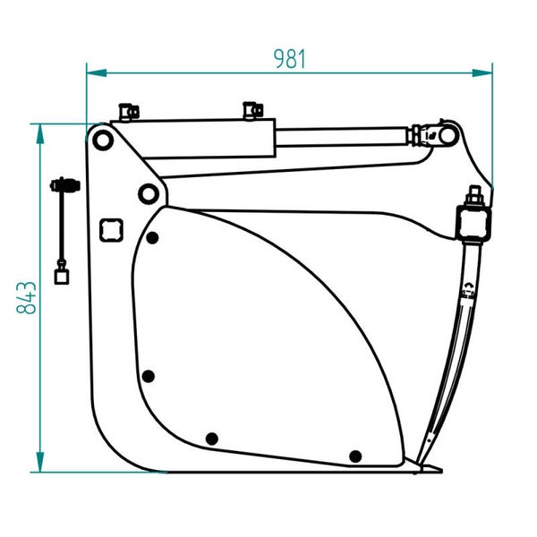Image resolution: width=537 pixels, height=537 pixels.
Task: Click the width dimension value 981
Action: point(290,59)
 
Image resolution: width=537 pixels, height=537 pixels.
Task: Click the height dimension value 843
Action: point(27,297)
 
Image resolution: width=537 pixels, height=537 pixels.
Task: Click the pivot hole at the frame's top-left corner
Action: point(102,140)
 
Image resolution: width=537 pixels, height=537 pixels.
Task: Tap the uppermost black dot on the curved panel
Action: point(153,238)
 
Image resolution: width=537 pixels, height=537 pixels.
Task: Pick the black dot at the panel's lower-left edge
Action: point(149,375)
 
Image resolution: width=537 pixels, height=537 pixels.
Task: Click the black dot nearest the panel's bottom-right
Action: point(355,456)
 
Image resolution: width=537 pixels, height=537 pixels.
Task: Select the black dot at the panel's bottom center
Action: point(212,438)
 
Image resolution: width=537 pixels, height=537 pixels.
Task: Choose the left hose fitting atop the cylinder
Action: point(128,112)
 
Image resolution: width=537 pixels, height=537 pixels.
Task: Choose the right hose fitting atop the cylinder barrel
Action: point(250,111)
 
